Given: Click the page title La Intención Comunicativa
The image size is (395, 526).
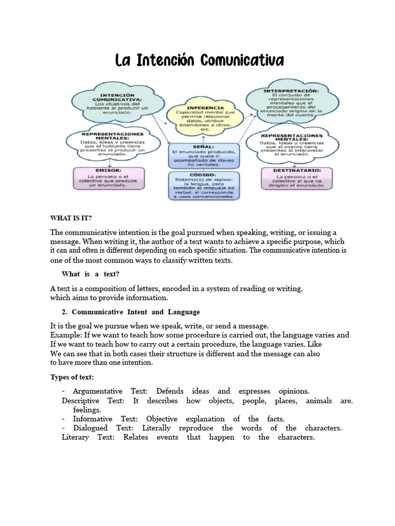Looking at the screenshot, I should [x=199, y=61].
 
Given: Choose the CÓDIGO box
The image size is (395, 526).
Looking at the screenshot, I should [x=204, y=185].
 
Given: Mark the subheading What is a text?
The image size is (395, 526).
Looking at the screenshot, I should [x=91, y=273].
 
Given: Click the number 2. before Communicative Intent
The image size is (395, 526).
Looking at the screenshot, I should [x=65, y=312].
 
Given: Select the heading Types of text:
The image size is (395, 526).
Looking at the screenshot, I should [x=71, y=377].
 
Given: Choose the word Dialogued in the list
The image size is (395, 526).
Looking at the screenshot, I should [x=90, y=428].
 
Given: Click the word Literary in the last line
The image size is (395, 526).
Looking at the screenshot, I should [x=75, y=437].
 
